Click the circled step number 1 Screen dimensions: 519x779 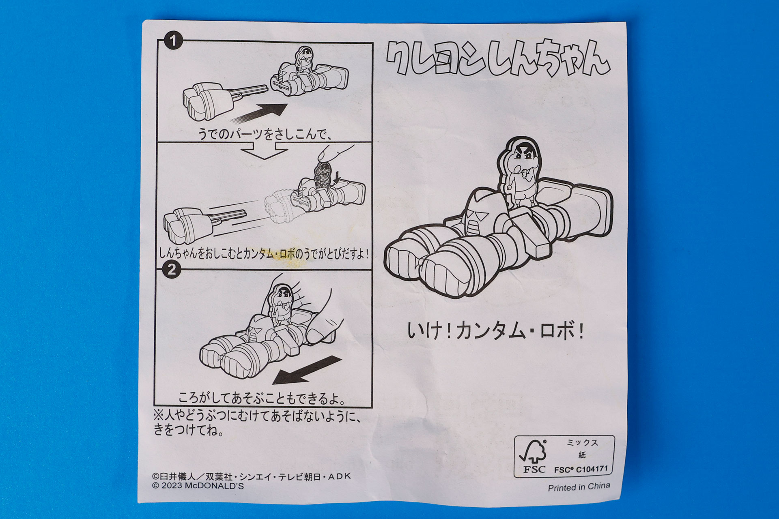pos(173,41)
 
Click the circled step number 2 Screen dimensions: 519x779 pos(172,269)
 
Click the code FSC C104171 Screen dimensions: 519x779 pos(581,470)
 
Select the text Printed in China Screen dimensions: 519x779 pos(579,487)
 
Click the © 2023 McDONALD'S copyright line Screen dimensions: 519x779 pos(198,486)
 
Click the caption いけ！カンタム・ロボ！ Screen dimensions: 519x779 pos(495,332)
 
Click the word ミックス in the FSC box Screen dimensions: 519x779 pos(582,443)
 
